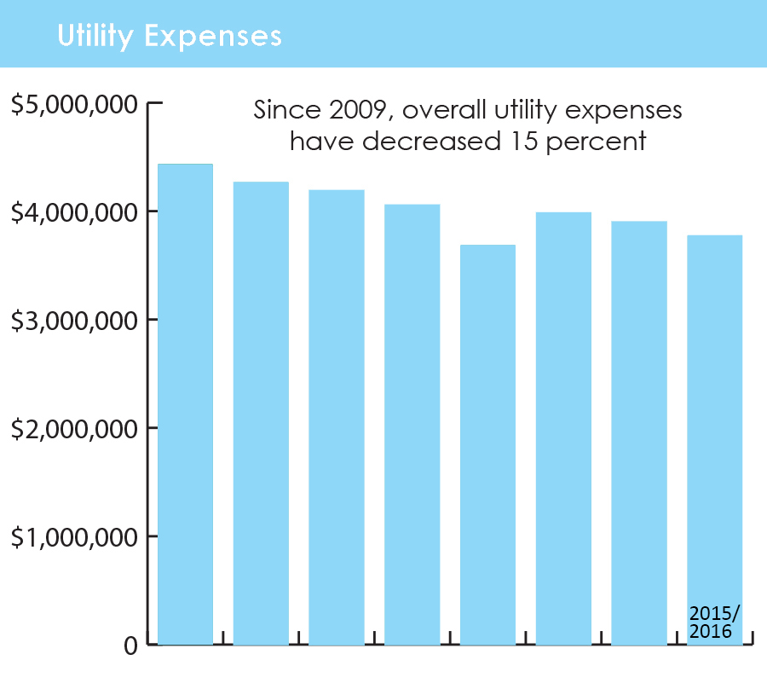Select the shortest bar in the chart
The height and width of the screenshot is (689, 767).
point(487,444)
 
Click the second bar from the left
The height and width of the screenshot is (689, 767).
point(261,413)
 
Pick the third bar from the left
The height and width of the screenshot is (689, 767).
point(337,417)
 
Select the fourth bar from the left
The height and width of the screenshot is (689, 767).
point(412,424)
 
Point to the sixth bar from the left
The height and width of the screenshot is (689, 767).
point(563,428)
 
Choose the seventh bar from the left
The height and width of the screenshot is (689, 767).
point(639,432)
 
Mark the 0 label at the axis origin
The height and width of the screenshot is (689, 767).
point(130,646)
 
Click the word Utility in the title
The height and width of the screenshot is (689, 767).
point(95,37)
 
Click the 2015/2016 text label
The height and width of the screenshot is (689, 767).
point(714,622)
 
